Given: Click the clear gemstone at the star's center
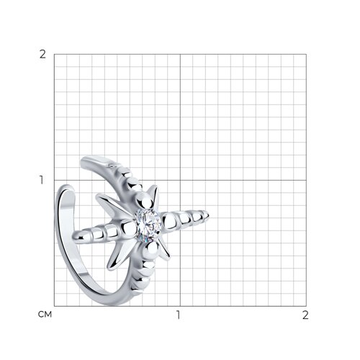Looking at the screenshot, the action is click(148, 225).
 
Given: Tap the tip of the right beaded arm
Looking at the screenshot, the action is click(209, 215).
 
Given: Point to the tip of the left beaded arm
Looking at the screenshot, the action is click(73, 236).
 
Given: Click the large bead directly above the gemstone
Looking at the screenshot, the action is click(144, 201).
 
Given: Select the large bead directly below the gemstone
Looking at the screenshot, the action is click(150, 249).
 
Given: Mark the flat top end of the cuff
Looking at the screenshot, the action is click(94, 161).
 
